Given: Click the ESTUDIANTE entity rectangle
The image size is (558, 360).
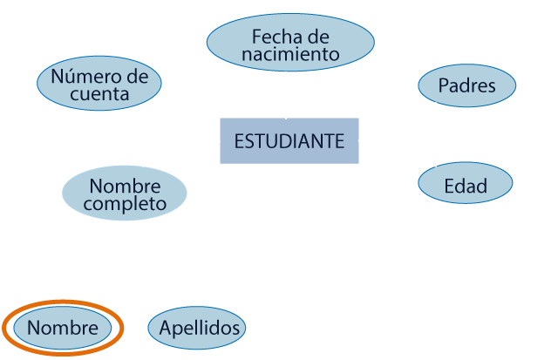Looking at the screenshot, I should point(289,140).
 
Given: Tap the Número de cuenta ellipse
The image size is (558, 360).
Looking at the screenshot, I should point(99,85).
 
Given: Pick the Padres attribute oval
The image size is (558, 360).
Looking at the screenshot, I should point(466,86).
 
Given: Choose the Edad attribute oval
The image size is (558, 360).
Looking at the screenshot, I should point(465,185).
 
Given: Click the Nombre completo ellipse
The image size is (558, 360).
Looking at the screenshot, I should point(126,194).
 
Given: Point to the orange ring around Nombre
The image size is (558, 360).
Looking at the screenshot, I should point(119,329).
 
